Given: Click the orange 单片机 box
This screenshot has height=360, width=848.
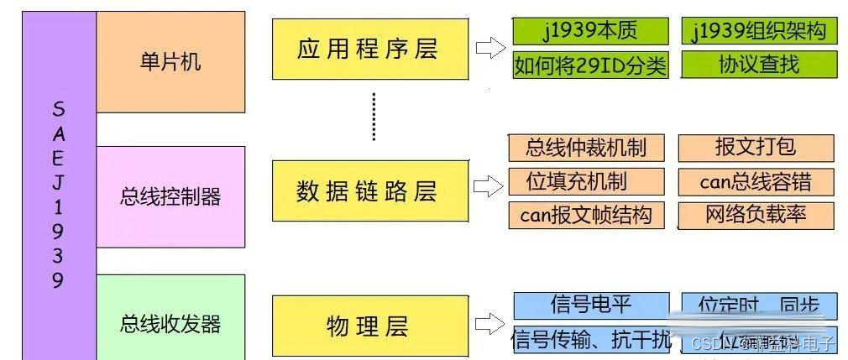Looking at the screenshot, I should [x=170, y=62].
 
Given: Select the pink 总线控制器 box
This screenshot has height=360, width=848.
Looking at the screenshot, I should [x=170, y=196].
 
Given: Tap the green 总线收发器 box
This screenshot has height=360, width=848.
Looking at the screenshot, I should [x=170, y=322].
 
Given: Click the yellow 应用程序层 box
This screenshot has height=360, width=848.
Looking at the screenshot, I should [x=369, y=50].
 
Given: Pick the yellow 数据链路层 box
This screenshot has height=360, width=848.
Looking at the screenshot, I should [x=369, y=191].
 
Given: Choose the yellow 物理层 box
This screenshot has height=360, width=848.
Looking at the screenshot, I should [x=369, y=326].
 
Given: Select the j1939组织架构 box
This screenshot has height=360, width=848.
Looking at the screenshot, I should [x=759, y=32].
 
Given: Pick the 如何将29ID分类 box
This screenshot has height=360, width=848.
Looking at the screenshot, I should [x=590, y=65].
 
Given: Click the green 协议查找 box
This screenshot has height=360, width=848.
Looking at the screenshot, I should [x=759, y=65].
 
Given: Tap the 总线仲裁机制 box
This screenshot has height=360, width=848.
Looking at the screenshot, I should [x=586, y=149].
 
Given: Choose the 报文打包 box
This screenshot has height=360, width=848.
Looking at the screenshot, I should [x=756, y=148].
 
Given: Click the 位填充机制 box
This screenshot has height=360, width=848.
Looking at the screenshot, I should [x=586, y=181].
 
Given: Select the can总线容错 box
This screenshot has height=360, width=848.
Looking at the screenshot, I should [x=756, y=181].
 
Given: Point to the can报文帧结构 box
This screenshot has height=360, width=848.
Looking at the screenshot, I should [x=586, y=215].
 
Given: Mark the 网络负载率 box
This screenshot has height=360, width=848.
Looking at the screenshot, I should [x=756, y=215].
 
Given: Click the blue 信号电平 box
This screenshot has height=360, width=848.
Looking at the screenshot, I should [x=590, y=305].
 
